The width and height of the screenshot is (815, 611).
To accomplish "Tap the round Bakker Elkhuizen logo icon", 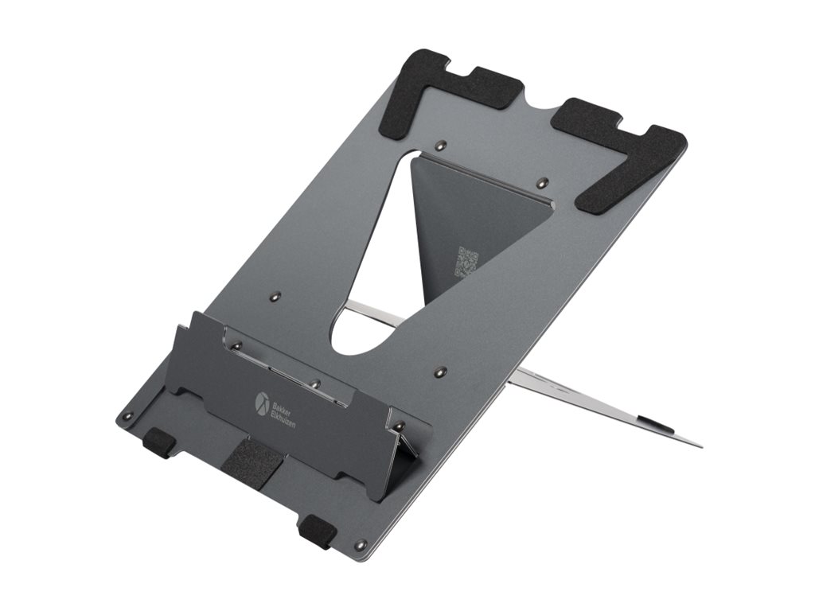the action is pyautogui.click(x=262, y=401).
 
